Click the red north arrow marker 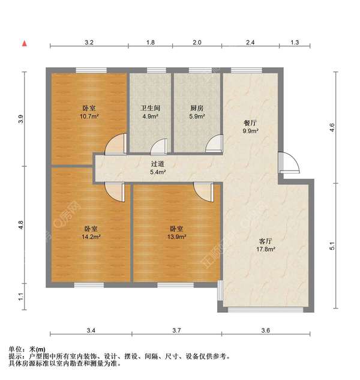tap(25, 44)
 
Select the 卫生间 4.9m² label tap(150, 112)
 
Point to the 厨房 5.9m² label tap(197, 112)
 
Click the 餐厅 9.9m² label tap(250, 127)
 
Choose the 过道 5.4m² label tap(158, 168)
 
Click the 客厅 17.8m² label tap(266, 245)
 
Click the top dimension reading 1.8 tap(151, 43)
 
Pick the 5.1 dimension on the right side tap(332, 246)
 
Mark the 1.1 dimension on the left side tap(21, 297)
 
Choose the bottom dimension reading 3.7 tap(176, 330)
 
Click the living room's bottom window tap(266, 310)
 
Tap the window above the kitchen tap(200, 70)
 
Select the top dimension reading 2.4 tap(250, 43)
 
